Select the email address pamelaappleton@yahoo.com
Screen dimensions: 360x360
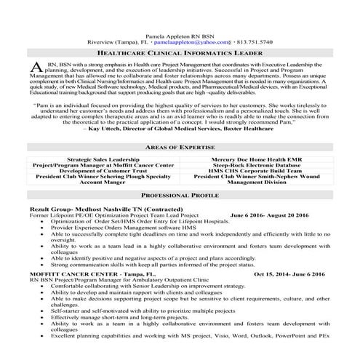click(x=188, y=42)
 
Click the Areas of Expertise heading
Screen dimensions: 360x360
click(x=180, y=147)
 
